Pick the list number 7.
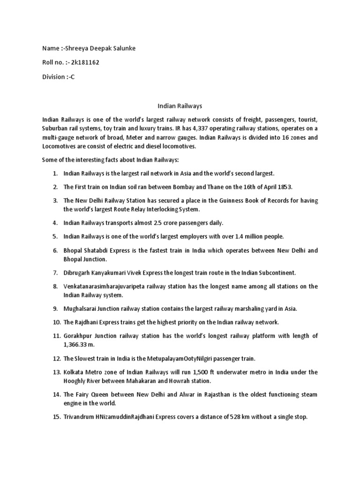point(54,272)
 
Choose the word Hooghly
point(76,381)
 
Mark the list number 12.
point(56,359)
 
